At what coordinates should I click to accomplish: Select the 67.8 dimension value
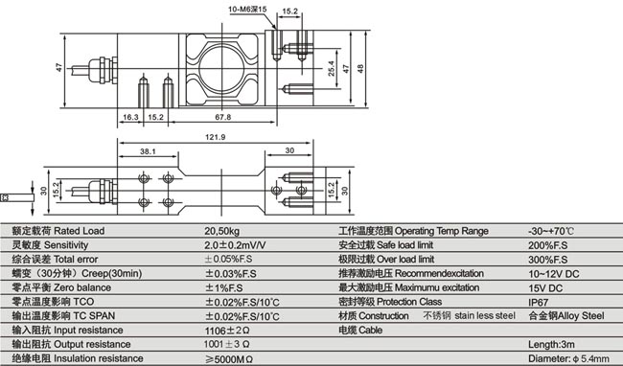pos(223,118)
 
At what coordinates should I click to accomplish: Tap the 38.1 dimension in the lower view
pos(149,151)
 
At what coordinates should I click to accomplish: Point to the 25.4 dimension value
pos(331,72)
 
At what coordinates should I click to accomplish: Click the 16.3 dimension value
pos(131,118)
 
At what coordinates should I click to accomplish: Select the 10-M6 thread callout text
pos(246,9)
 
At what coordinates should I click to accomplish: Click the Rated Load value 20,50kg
pos(222,232)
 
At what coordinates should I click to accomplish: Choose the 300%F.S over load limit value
pos(546,260)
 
